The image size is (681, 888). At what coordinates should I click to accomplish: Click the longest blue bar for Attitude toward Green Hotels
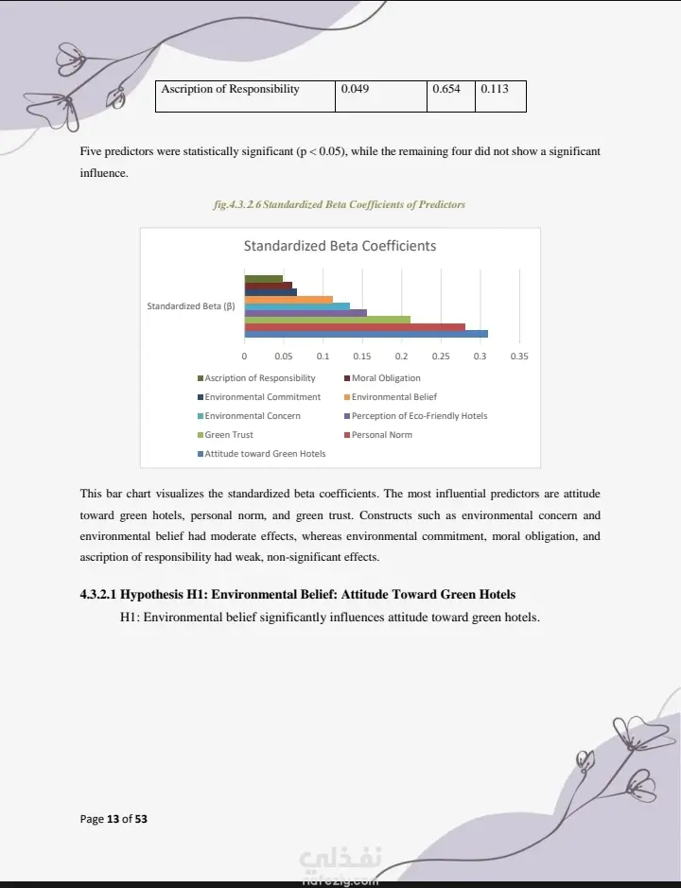(x=366, y=334)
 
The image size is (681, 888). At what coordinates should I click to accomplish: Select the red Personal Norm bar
(x=355, y=326)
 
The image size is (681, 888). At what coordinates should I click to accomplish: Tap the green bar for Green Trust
(x=327, y=320)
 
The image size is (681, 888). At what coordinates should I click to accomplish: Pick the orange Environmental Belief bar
(x=288, y=300)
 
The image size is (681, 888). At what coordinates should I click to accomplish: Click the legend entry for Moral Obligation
(x=386, y=378)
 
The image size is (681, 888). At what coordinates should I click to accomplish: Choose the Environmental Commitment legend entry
(x=262, y=397)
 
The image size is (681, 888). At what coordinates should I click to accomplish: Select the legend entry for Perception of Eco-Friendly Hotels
(x=419, y=416)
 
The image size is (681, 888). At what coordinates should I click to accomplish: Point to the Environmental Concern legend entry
(x=253, y=416)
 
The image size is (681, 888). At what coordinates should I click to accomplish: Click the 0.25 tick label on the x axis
(x=441, y=357)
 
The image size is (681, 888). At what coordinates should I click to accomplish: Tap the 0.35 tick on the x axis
(x=519, y=357)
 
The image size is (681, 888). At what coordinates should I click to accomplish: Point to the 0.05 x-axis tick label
(x=284, y=357)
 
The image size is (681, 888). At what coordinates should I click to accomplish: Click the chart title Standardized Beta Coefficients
(x=340, y=246)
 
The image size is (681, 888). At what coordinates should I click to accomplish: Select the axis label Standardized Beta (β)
(x=190, y=306)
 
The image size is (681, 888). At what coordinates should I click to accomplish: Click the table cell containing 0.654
(x=446, y=90)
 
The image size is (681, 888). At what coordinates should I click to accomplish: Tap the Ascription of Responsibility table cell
(x=230, y=90)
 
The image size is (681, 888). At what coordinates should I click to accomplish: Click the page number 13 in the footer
(x=113, y=819)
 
